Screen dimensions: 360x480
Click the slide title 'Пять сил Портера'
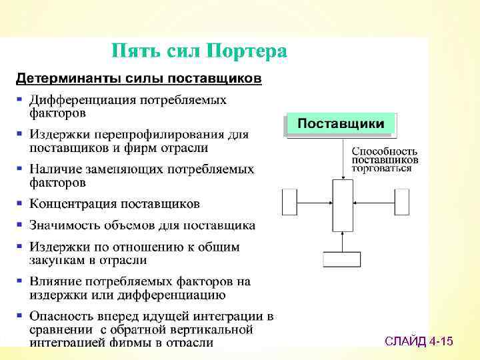point(199,51)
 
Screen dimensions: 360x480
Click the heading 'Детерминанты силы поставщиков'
point(139,79)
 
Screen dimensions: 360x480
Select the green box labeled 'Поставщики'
point(340,124)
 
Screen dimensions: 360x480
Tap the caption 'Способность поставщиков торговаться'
point(385,160)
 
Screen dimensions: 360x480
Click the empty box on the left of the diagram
point(289,202)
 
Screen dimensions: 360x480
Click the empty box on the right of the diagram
point(401,202)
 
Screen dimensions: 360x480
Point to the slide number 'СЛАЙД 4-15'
point(419,342)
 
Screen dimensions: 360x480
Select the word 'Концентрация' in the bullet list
point(71,203)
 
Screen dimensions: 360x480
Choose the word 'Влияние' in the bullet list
point(53,282)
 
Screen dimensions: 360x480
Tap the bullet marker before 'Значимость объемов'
point(20,225)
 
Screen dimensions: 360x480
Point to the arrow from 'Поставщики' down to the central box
point(343,159)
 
